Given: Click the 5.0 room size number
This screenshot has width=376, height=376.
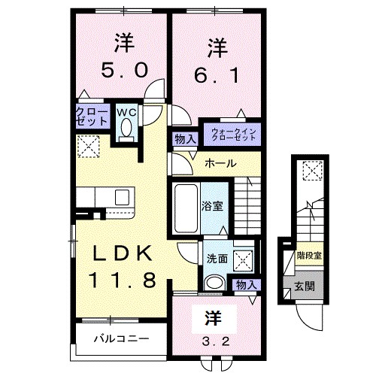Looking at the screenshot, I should (123, 71).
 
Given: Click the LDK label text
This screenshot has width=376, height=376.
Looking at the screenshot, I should (123, 253).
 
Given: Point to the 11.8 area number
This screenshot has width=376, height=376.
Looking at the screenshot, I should (123, 280).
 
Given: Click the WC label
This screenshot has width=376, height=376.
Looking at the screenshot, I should (126, 113).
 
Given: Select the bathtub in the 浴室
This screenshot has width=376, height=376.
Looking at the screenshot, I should (186, 205).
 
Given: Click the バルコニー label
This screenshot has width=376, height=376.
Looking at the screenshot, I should (121, 338).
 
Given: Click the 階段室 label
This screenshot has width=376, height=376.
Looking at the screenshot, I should (308, 256).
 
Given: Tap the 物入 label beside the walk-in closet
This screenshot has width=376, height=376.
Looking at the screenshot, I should (184, 139).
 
